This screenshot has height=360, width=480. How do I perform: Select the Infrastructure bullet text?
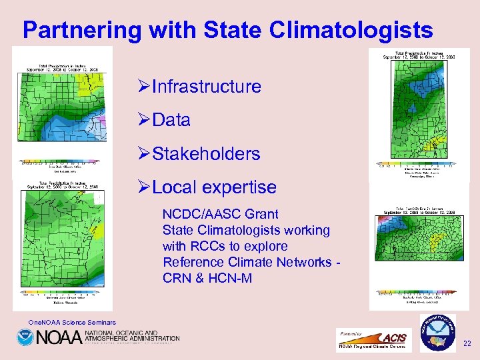tap(206, 87)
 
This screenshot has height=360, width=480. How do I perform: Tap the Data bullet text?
tap(171, 121)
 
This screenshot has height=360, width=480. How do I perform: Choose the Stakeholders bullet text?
tap(206, 154)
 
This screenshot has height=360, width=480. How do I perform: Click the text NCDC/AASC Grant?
tap(221, 214)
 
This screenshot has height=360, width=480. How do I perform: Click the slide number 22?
tap(467, 344)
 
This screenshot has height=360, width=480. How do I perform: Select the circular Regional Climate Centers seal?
tap(437, 333)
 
